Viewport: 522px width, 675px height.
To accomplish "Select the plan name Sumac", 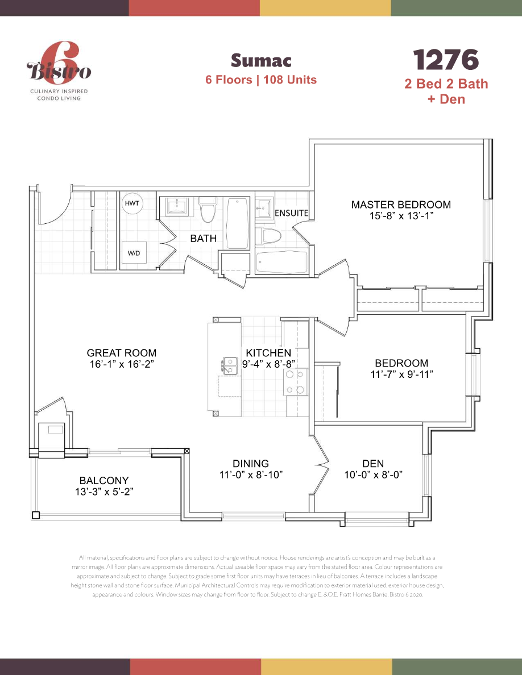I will coord(261,60).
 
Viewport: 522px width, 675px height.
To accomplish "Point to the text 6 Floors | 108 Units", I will coord(261,80).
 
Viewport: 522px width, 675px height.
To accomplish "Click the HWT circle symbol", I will coord(132,203).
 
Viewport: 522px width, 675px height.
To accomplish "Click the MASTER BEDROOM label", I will coord(400,205).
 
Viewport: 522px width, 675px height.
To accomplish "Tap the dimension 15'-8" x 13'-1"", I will coord(400,216).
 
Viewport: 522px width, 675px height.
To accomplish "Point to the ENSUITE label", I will coord(291,213).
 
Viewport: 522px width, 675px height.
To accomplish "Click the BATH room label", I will coord(203,239).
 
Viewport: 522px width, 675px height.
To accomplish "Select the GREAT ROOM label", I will coord(121,353).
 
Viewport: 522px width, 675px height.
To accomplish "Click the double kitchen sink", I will coord(230,365).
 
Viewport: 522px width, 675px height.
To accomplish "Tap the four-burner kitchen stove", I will coord(295,382).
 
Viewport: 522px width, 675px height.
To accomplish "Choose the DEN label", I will coord(373,464).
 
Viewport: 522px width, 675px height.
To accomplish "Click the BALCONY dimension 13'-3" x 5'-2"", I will coord(104,492).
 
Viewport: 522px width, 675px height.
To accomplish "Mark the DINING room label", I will coord(251,464).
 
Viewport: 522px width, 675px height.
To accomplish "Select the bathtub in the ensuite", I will coord(281,262).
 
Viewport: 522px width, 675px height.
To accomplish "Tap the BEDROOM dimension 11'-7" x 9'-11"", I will coord(401,374).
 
